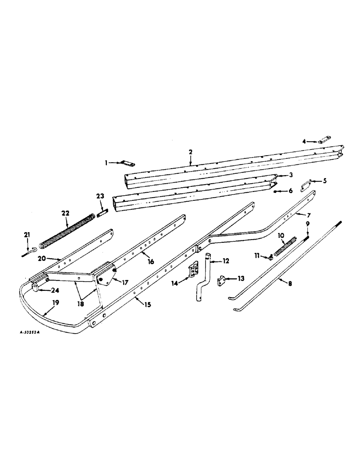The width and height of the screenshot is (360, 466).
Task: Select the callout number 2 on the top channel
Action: (190, 152)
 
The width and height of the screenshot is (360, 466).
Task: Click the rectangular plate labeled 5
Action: (307, 183)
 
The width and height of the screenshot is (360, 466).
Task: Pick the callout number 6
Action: (290, 191)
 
